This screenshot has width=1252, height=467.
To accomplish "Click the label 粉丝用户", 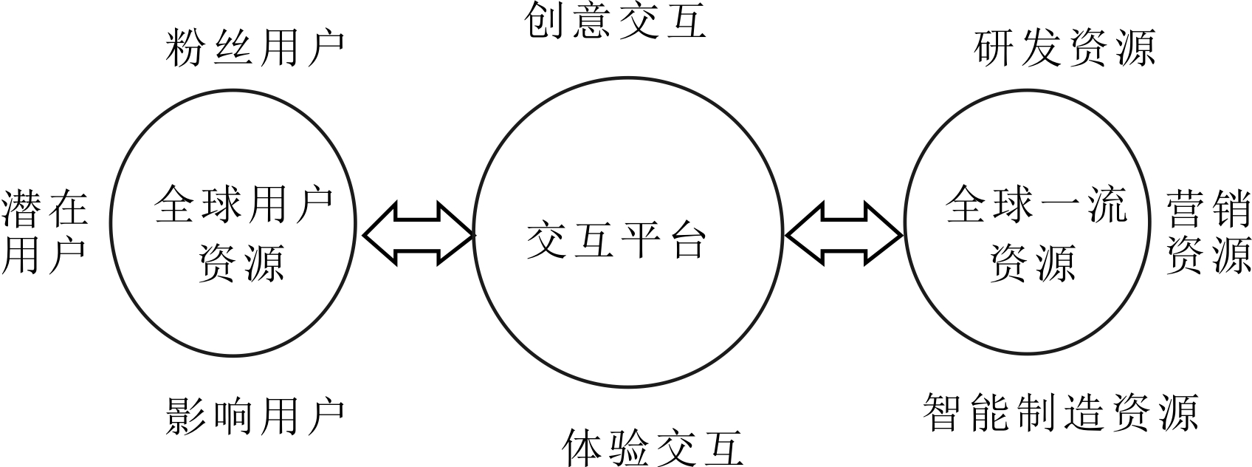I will point(255,50).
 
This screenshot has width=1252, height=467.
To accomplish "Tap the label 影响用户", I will point(255,416).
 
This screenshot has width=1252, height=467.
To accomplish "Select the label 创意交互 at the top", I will point(616,20).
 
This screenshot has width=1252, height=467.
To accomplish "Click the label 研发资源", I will point(1064,50).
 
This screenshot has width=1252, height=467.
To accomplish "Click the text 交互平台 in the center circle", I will point(616,240).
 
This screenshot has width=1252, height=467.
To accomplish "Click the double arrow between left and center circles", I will point(418,234).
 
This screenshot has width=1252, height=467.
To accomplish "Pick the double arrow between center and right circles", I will point(844,234).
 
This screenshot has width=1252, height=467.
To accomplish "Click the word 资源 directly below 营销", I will point(1208,255).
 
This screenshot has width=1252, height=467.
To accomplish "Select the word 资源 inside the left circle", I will point(242,262).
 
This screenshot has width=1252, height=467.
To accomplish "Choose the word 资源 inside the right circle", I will point(1033,262).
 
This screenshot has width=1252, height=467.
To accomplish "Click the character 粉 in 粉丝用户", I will point(185,50).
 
